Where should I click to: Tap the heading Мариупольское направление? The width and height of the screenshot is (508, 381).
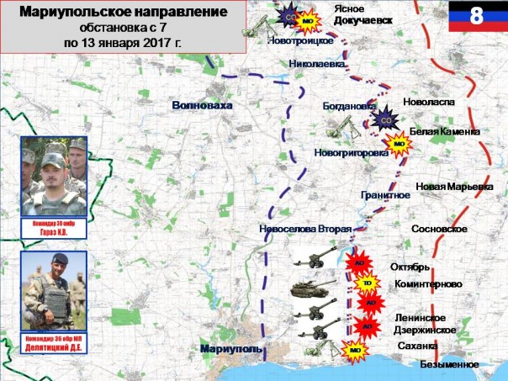point(124,13)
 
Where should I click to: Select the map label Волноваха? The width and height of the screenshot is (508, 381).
point(200,105)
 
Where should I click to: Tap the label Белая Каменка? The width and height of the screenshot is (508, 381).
point(444,132)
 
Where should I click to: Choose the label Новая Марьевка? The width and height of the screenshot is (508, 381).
point(454,186)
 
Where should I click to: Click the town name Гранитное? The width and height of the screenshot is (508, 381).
point(385,195)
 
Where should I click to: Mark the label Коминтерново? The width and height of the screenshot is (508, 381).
point(428,284)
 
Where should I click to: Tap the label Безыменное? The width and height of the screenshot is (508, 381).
point(451,364)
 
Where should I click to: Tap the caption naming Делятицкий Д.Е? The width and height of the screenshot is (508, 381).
point(55,338)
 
